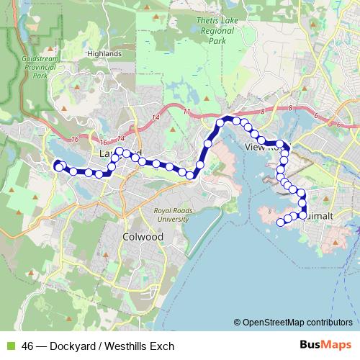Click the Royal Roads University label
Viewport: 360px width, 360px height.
tap(171, 214)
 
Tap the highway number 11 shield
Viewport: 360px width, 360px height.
tap(186, 112)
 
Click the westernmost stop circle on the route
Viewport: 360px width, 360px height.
tap(58, 167)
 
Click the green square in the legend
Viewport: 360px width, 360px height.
tap(9, 346)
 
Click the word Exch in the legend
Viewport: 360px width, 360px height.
tap(163, 346)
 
